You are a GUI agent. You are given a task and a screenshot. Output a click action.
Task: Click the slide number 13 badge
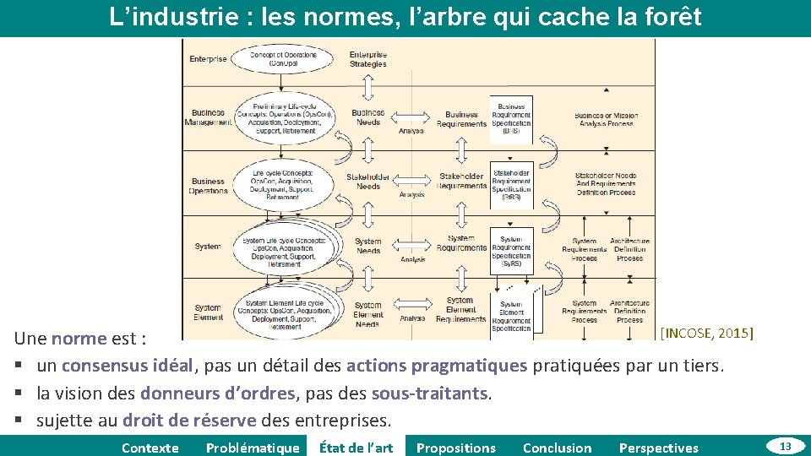pyautogui.click(x=785, y=446)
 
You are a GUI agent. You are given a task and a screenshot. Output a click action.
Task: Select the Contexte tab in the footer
pyautogui.click(x=150, y=448)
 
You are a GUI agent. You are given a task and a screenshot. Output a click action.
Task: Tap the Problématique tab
pyautogui.click(x=253, y=448)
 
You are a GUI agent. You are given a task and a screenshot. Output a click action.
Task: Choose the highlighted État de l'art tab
pyautogui.click(x=356, y=448)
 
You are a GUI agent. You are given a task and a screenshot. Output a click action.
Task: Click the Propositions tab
pyautogui.click(x=456, y=448)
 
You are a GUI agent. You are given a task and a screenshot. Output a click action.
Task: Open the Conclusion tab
pyautogui.click(x=558, y=448)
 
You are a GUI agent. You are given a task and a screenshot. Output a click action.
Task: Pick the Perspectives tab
pyautogui.click(x=659, y=448)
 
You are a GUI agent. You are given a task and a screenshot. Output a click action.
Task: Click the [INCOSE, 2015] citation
pyautogui.click(x=706, y=333)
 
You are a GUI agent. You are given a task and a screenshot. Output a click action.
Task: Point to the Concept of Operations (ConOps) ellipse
pyautogui.click(x=283, y=59)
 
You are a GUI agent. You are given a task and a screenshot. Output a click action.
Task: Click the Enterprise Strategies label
pyautogui.click(x=368, y=59)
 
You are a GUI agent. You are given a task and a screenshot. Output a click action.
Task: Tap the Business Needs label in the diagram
pyautogui.click(x=368, y=117)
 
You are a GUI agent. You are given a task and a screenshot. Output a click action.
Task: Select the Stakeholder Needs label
pyautogui.click(x=368, y=182)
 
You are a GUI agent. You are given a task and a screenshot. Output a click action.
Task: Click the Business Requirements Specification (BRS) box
pyautogui.click(x=512, y=119)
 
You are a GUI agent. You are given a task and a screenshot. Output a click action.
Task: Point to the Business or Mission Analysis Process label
pyautogui.click(x=607, y=119)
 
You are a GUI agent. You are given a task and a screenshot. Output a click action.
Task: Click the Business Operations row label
pyautogui.click(x=208, y=186)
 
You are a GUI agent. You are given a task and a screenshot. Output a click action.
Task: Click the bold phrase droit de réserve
pyautogui.click(x=189, y=420)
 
